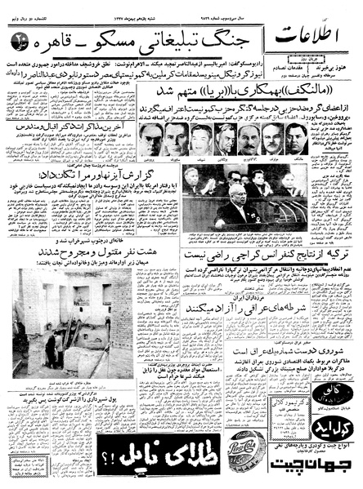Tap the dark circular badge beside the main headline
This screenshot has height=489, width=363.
point(19,39)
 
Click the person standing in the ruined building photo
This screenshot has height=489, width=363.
point(51,346)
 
